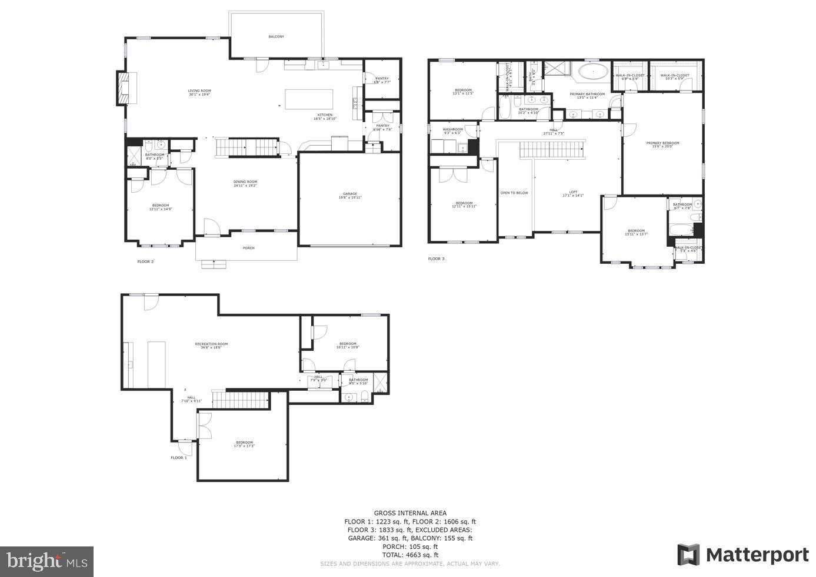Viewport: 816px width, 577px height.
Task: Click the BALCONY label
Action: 276,36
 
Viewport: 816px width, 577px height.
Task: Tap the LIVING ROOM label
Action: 199,91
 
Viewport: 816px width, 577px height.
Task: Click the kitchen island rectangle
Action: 309,98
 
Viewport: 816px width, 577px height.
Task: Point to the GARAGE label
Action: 350,194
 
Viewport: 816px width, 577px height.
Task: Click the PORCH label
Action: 249,248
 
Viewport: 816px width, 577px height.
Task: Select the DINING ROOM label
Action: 245,182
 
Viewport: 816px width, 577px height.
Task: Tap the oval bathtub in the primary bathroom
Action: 593,73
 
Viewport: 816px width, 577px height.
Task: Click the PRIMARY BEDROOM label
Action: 662,143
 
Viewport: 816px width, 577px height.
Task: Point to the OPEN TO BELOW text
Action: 514,193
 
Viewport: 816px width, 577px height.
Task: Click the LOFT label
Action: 573,192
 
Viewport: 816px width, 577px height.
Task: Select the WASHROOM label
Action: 453,129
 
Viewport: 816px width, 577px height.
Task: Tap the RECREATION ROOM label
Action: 211,344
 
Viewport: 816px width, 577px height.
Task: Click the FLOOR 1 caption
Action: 179,458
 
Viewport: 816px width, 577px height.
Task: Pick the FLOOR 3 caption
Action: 436,259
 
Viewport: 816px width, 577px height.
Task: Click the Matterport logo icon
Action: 688,555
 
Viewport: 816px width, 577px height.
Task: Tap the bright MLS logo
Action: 47,562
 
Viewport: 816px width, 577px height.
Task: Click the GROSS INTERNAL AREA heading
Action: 410,513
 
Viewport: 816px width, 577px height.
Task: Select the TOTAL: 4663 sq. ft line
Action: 410,555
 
